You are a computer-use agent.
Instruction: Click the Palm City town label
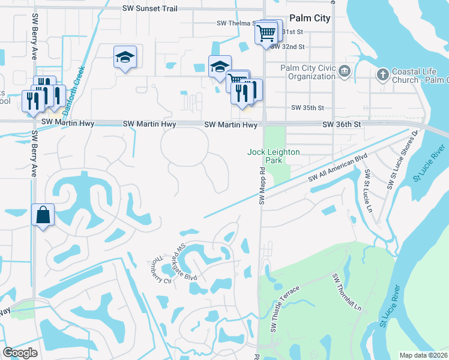click(x=310, y=19)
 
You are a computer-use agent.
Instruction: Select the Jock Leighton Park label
click(x=273, y=157)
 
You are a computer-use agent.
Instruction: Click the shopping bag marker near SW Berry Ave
click(x=43, y=215)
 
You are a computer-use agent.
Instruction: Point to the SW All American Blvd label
click(x=337, y=168)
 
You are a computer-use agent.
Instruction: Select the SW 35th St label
click(x=307, y=108)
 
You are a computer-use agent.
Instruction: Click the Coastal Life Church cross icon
click(x=382, y=74)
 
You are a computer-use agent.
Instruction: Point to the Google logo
click(x=21, y=353)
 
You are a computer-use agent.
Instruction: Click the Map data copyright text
click(x=423, y=355)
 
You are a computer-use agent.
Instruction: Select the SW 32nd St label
click(x=289, y=46)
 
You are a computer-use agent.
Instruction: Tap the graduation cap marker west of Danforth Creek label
click(x=125, y=58)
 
